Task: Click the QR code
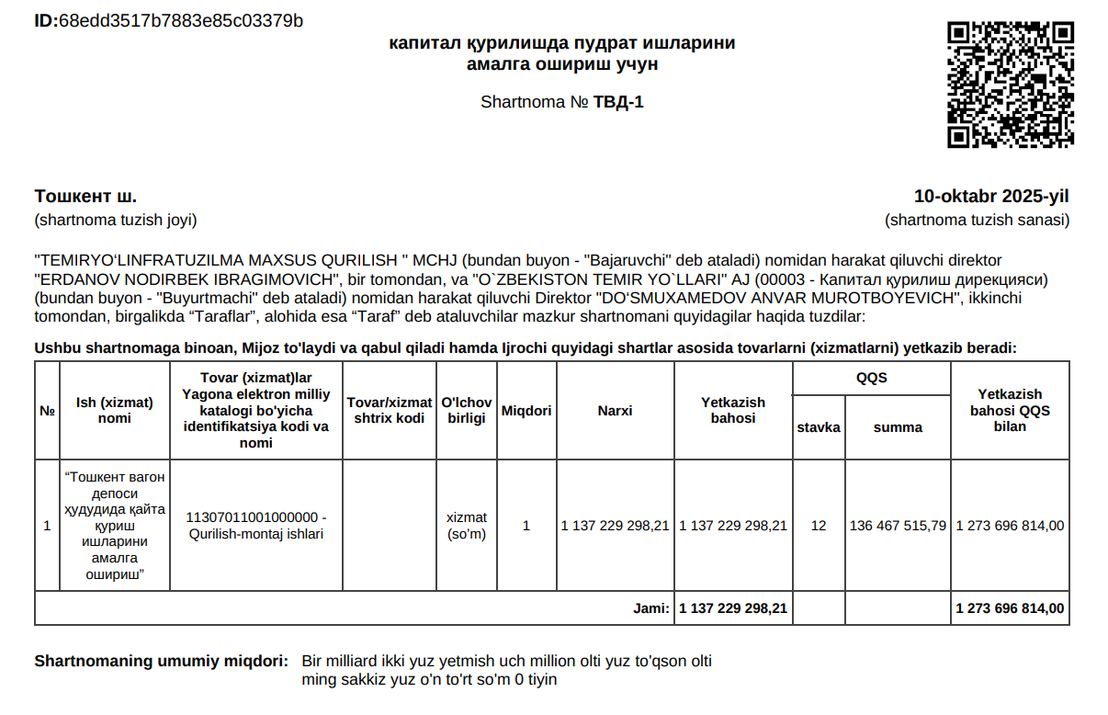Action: click(x=1010, y=85)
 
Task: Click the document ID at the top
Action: click(x=168, y=20)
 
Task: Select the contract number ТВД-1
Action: click(x=618, y=102)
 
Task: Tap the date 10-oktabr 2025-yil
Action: click(x=991, y=197)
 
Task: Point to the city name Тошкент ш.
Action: click(x=85, y=197)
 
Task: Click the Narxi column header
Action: click(x=615, y=411)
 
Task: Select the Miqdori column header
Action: click(x=526, y=411)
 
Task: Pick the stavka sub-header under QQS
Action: click(x=819, y=427)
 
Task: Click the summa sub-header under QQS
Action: click(x=898, y=427)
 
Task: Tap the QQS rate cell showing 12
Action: click(x=819, y=526)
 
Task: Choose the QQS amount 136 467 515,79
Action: click(x=898, y=526)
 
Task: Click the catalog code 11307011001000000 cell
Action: click(x=256, y=526)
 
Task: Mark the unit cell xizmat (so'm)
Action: click(x=466, y=526)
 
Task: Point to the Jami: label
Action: click(x=651, y=608)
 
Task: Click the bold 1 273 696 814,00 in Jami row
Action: click(x=1010, y=608)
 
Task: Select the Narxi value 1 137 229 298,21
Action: click(x=615, y=526)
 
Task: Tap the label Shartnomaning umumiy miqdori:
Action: click(x=161, y=662)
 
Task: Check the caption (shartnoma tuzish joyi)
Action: click(x=116, y=221)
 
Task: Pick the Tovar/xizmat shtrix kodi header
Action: click(x=389, y=411)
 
